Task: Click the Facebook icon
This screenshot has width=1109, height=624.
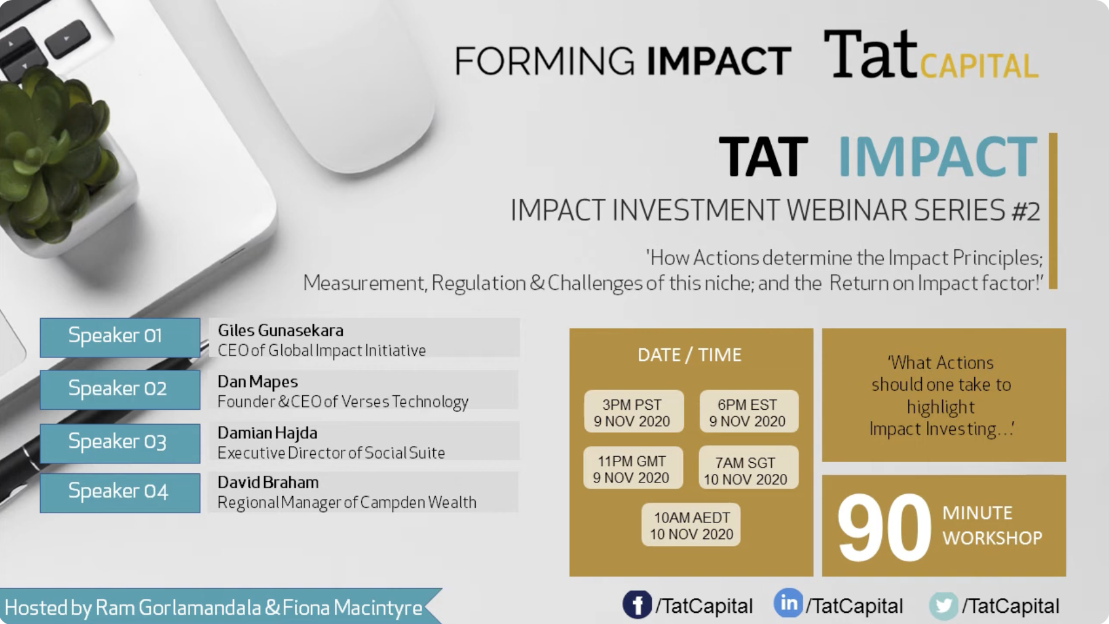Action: click(637, 604)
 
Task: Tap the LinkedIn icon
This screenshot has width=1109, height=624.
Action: click(788, 603)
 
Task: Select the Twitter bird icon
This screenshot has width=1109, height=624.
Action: click(943, 606)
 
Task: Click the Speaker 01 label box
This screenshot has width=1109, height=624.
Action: click(120, 337)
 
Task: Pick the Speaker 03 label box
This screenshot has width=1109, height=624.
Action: click(120, 443)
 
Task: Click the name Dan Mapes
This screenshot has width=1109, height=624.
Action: click(258, 382)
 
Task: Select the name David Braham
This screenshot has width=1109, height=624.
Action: click(268, 482)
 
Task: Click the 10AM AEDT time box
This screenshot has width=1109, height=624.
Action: click(691, 525)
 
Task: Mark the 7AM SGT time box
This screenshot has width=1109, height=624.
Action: click(748, 469)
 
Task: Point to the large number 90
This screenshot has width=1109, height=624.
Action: click(884, 527)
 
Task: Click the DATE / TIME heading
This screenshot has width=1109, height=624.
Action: click(690, 355)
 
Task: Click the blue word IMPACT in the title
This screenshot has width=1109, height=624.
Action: click(937, 156)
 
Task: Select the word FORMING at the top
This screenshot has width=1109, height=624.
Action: click(545, 61)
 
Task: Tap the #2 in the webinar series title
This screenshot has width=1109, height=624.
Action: click(1025, 211)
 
